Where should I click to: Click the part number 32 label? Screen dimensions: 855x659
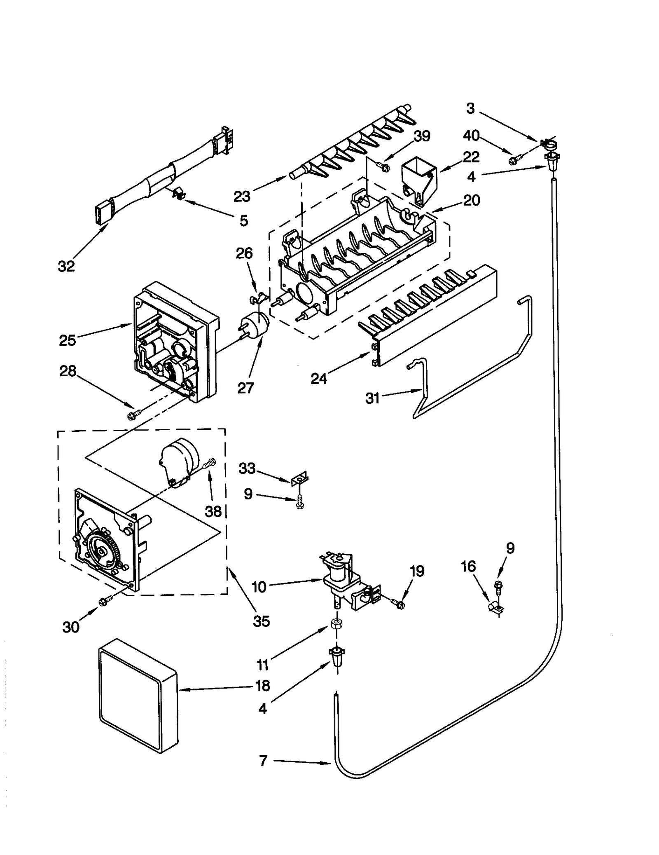tap(66, 267)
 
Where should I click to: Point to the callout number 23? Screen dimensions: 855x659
tap(242, 197)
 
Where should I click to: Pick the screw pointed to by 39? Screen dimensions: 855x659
tap(383, 166)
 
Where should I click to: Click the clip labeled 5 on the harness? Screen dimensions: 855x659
tap(178, 193)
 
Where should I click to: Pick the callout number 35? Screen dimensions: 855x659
tap(261, 621)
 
